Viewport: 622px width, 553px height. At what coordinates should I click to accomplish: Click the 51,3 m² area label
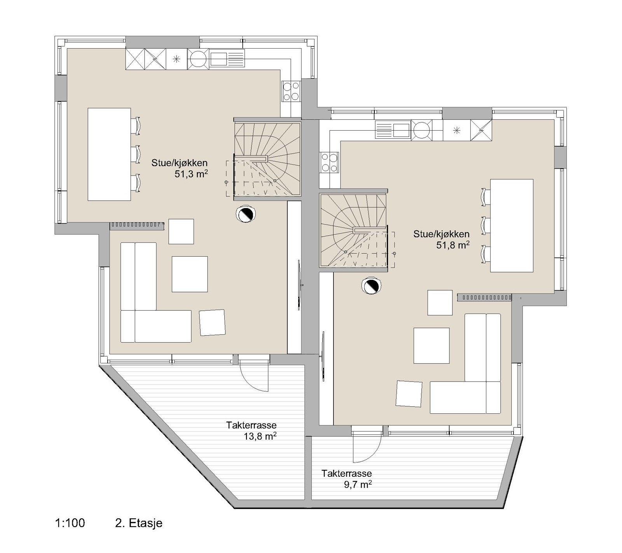(x=191, y=174)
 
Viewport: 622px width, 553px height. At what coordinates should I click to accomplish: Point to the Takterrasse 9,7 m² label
(x=346, y=479)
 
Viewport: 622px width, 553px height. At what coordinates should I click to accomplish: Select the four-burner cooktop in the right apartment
(x=329, y=163)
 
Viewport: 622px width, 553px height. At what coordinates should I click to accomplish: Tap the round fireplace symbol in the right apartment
(x=371, y=286)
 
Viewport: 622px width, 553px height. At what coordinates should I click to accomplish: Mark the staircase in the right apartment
(x=353, y=231)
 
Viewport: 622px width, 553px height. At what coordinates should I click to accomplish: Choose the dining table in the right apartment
(x=511, y=226)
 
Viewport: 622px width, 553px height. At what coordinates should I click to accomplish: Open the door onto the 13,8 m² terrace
(x=253, y=373)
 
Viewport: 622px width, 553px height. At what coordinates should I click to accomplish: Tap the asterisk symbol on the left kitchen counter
(x=176, y=59)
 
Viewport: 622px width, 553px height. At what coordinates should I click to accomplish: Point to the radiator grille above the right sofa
(x=484, y=297)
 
